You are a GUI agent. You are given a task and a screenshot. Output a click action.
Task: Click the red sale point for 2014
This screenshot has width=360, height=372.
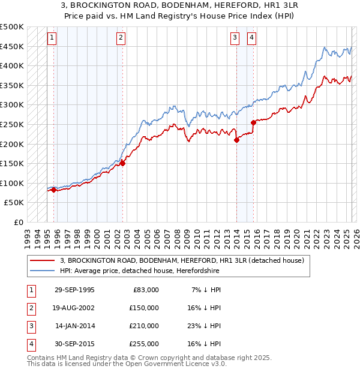[236, 140]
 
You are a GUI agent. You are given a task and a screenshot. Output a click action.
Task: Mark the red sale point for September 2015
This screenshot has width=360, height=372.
[253, 122]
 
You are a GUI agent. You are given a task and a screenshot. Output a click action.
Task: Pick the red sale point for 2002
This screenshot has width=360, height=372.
[122, 163]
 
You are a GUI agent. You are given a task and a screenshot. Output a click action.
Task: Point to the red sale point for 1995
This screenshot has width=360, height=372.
[54, 190]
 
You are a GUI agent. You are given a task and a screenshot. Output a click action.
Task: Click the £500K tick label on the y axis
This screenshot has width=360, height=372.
[12, 27]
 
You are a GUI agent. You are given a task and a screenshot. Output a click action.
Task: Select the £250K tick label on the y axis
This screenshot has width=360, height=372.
[12, 124]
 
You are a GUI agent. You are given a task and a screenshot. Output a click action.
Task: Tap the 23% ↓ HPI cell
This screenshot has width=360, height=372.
[203, 326]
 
